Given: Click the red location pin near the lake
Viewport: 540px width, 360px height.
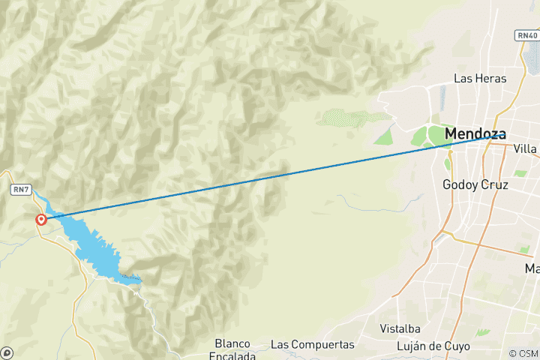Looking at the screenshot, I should pos(42,219).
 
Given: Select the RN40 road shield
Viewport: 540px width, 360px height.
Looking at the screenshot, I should pos(526,35).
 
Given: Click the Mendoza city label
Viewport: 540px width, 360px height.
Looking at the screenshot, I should pos(475,134).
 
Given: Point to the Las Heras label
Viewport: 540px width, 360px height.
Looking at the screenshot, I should pos(480,78).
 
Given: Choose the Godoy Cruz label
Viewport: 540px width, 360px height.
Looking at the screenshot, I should pos(475,184).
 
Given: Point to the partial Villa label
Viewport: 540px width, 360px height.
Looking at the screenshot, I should pos(526,148).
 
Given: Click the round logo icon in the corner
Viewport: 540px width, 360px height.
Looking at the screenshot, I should pos(7,352).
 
